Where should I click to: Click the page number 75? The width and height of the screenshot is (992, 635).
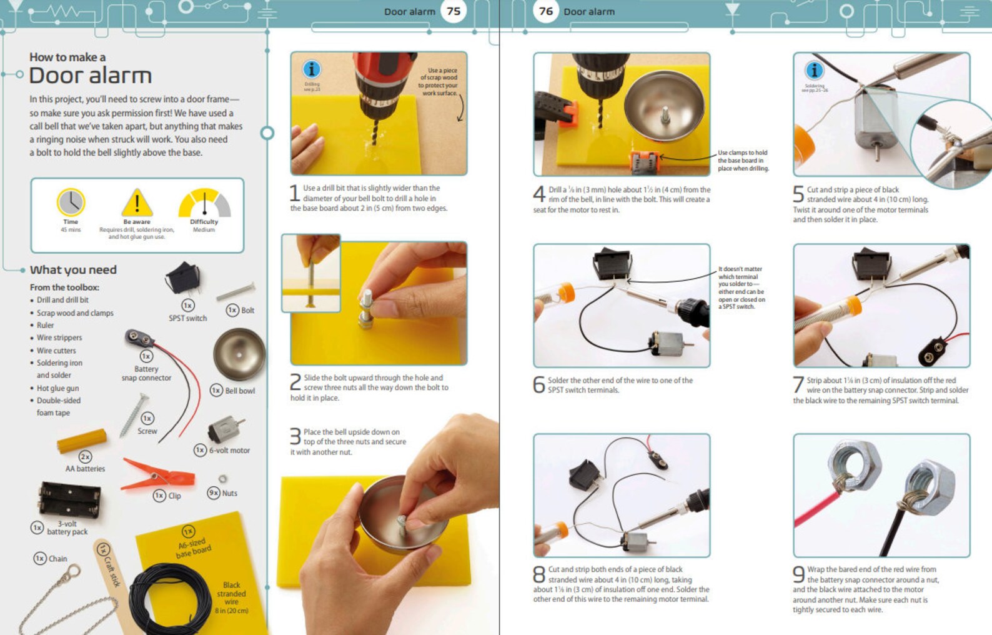[454, 11]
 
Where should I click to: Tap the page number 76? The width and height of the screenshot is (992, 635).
[546, 11]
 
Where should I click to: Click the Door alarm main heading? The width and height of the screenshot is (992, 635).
[91, 76]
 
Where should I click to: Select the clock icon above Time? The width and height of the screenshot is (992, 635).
[71, 202]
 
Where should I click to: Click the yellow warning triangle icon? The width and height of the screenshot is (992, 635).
[137, 202]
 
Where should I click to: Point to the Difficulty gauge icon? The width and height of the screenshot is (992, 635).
[204, 203]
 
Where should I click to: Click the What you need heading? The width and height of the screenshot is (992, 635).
[73, 270]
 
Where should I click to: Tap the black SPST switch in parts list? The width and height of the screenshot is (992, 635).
[183, 278]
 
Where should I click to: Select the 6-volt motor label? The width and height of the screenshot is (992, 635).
[229, 450]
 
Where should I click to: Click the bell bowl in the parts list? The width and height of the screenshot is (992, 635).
[239, 354]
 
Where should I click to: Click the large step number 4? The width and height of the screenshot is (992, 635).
[539, 194]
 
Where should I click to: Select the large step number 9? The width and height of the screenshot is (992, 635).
[798, 574]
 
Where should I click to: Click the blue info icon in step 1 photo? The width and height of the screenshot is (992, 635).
[311, 69]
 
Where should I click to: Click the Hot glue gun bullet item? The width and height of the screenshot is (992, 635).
[57, 388]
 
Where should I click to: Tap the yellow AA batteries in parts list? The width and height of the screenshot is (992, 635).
[82, 441]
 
